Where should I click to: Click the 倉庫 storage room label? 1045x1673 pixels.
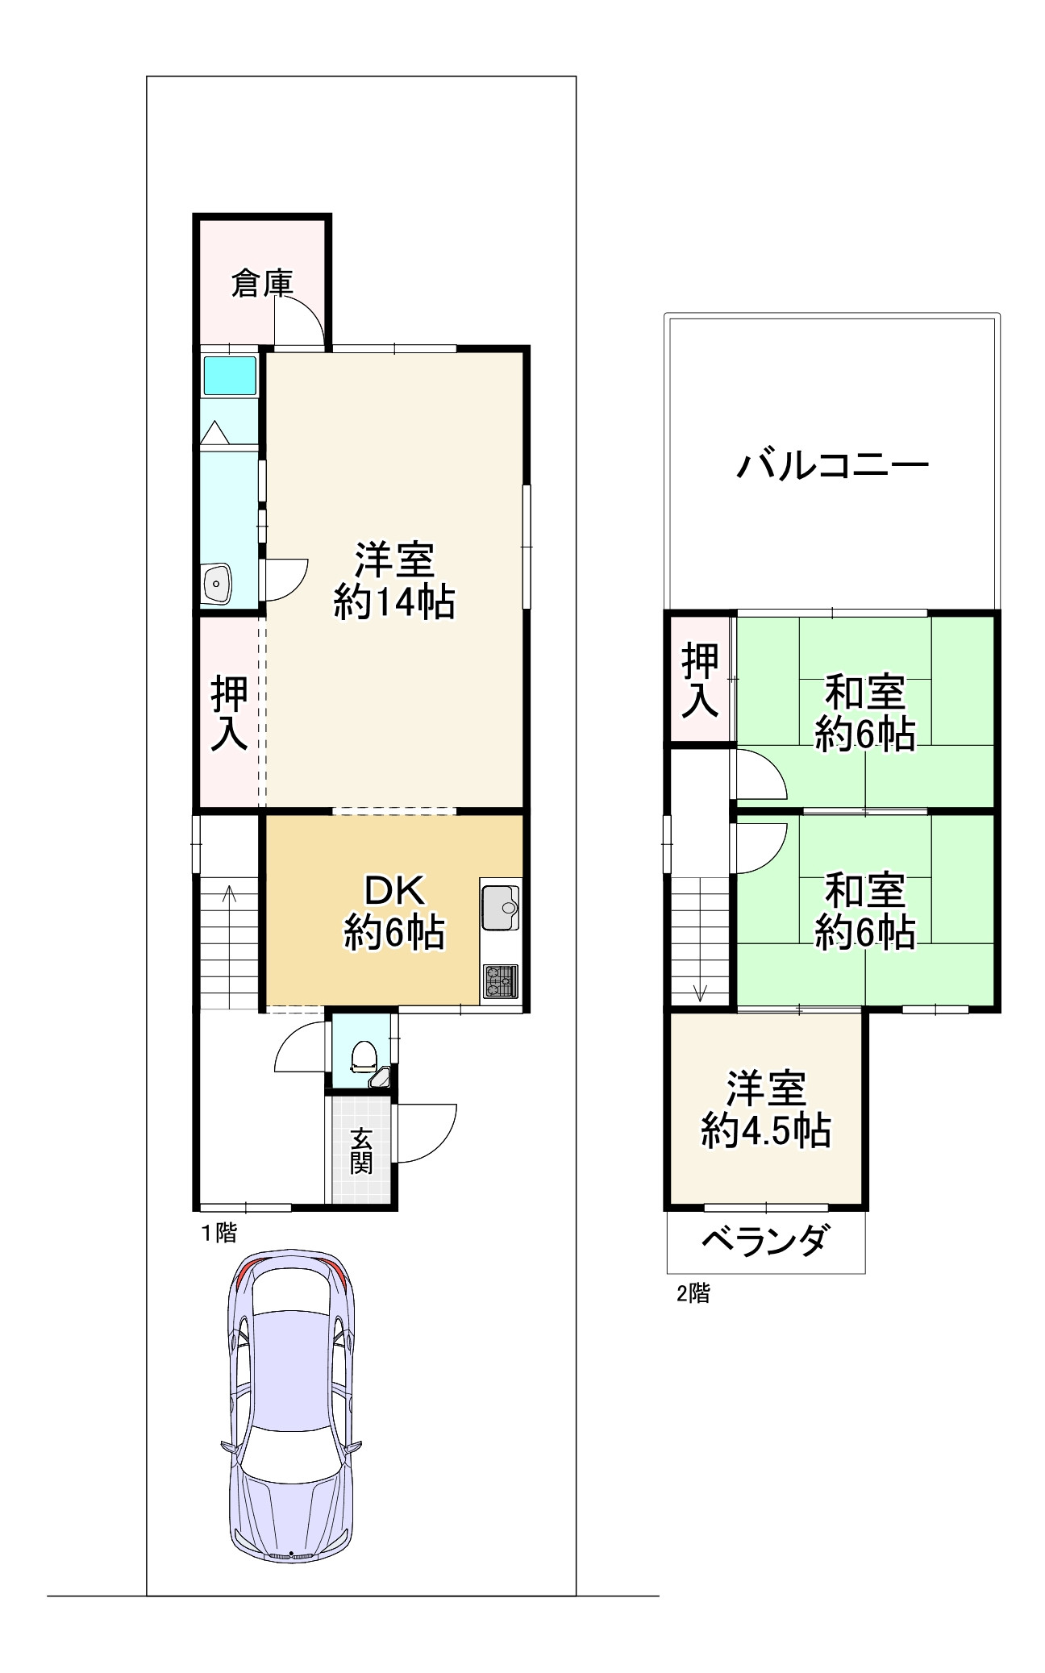coord(261,283)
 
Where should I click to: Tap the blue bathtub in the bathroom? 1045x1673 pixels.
coord(229,375)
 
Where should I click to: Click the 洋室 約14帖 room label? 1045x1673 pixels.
coord(394,581)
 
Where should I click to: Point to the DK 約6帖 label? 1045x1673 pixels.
coord(394,912)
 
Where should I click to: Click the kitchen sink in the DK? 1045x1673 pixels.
coord(501,908)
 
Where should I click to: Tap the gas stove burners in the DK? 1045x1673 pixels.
coord(500,981)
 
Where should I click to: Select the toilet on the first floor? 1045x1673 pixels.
coord(364,1055)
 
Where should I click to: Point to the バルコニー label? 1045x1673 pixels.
coord(833,466)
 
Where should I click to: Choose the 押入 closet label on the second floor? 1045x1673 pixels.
coord(699,680)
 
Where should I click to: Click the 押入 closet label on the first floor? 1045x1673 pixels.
coord(229,714)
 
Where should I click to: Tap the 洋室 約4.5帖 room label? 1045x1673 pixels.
coord(766,1109)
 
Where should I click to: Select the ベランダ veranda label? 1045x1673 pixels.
coord(764,1240)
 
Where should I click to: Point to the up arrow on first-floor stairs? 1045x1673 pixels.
coord(230,893)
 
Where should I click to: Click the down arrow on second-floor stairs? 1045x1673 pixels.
coord(700,993)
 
